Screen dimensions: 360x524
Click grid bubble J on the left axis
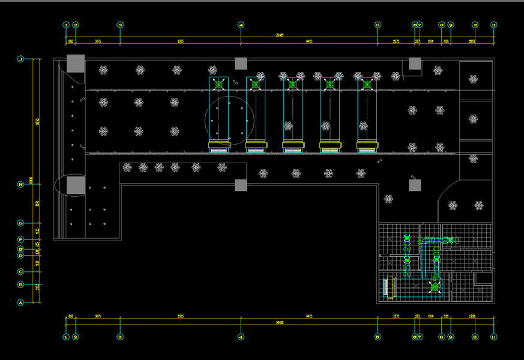(20, 59)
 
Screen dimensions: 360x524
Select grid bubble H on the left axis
(20, 184)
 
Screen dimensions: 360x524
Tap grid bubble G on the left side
(20, 223)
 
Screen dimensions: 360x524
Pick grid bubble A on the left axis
(20, 303)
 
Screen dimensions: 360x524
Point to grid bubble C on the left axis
(20, 271)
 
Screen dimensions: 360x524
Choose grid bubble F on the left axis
(20, 239)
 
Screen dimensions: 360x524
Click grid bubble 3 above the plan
(120, 25)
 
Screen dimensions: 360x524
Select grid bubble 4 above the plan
(241, 25)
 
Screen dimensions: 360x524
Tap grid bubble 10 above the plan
(475, 25)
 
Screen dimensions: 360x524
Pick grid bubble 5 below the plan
(378, 337)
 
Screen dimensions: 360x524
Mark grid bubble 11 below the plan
(493, 337)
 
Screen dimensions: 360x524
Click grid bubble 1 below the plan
(66, 337)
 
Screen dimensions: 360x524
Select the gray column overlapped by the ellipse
(75, 185)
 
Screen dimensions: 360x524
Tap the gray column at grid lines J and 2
(76, 63)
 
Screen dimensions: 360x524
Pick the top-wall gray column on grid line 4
(241, 64)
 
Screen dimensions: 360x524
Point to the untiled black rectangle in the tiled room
(483, 278)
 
